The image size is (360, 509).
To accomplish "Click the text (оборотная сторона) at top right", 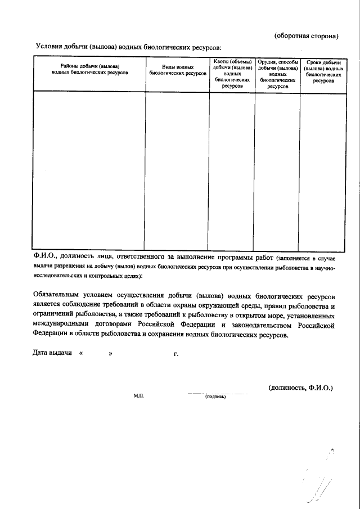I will (x=306, y=36).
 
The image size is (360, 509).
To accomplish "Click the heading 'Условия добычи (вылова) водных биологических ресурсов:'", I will (x=129, y=47).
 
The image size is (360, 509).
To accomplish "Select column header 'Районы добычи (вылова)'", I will (x=90, y=70).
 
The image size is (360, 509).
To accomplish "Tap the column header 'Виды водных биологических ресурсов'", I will (x=178, y=70).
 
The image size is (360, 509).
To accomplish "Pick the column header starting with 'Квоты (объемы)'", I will (x=232, y=74).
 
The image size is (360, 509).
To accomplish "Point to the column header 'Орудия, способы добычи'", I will (x=277, y=74).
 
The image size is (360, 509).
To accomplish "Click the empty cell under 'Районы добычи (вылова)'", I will (x=90, y=169).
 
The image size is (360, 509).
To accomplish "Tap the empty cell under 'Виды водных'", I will (x=178, y=169).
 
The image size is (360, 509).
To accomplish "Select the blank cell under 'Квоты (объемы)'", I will (x=232, y=169).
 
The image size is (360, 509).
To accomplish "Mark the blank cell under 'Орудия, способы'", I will (x=277, y=169).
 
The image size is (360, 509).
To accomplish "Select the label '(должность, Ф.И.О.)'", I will (x=300, y=388).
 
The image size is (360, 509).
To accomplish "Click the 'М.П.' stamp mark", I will (x=139, y=396).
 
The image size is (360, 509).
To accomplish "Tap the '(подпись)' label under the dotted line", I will (x=215, y=396).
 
